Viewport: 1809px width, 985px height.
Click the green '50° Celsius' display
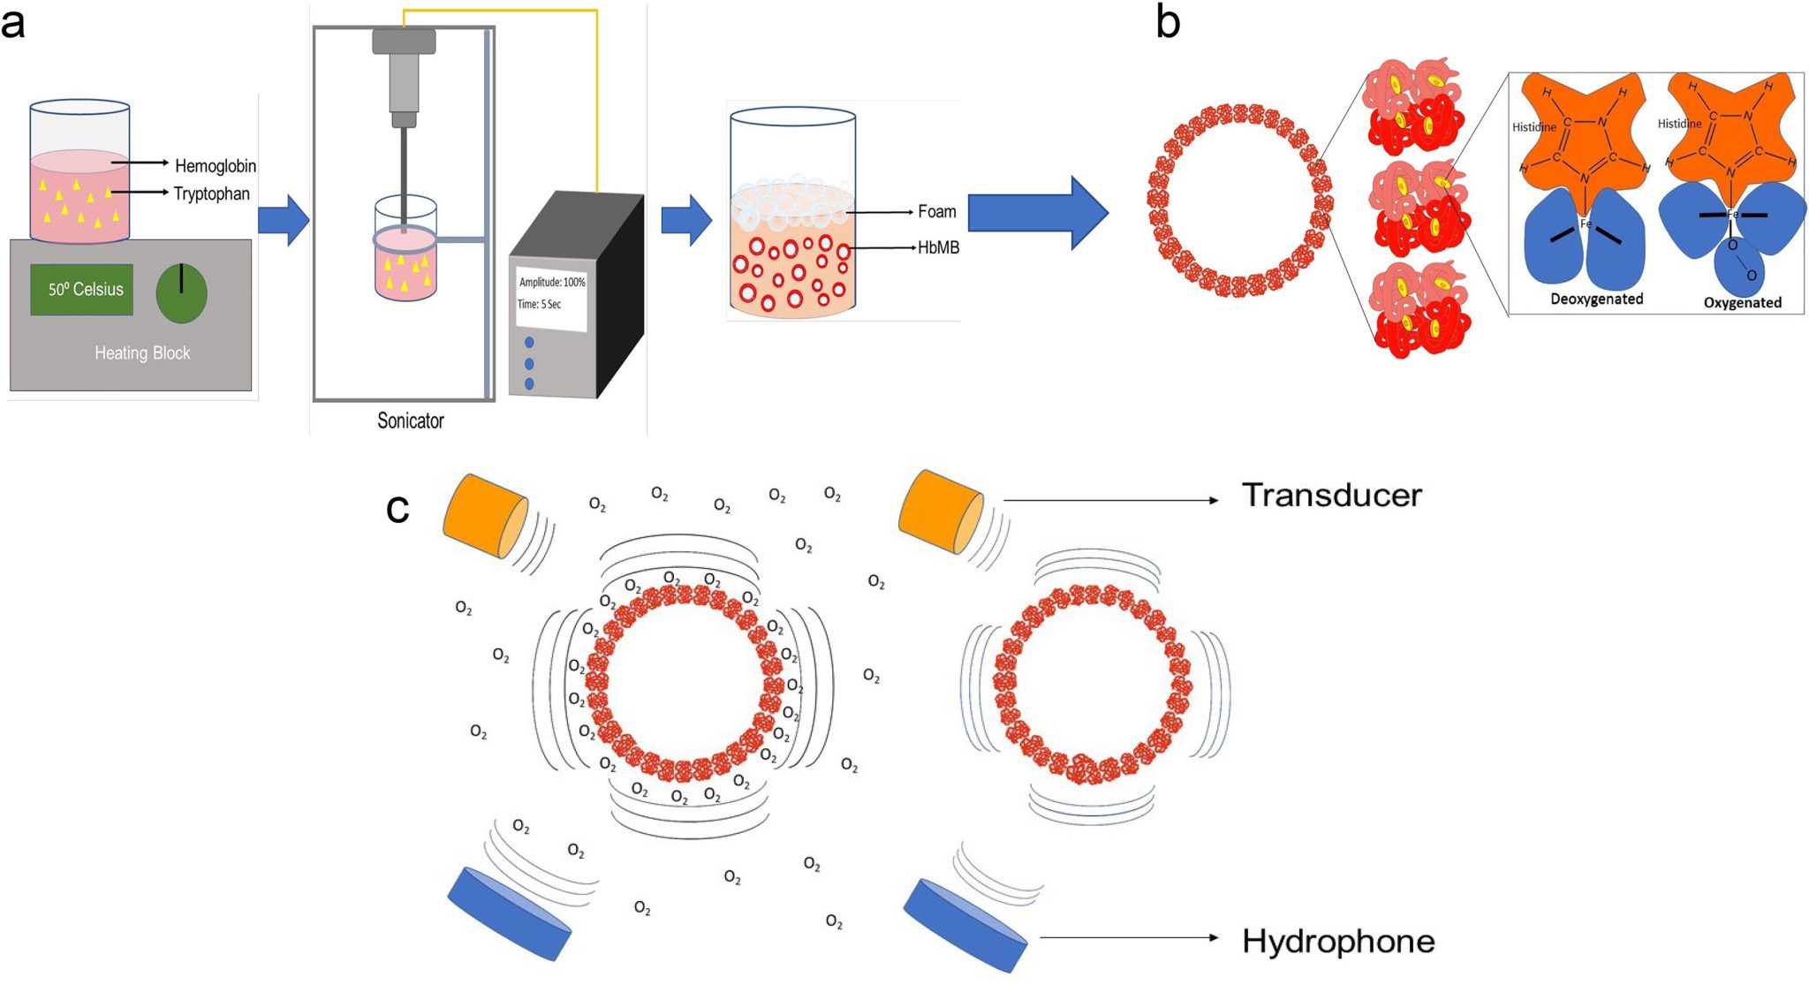(x=82, y=290)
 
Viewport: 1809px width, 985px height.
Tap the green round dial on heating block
(x=181, y=293)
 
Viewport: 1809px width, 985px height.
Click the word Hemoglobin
(x=215, y=165)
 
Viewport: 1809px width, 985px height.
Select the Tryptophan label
(x=211, y=193)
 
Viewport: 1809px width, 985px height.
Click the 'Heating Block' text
(x=142, y=353)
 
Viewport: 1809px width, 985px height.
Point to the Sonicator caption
(x=410, y=421)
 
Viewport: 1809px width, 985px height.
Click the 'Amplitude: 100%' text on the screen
(x=552, y=282)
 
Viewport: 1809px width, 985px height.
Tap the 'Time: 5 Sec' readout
(x=539, y=304)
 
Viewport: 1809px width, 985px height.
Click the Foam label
(x=936, y=211)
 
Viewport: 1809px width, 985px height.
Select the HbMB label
(x=938, y=247)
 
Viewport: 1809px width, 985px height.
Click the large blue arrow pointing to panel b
(x=1037, y=213)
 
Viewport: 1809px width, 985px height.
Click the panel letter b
(x=1168, y=23)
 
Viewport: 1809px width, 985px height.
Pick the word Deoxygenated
(x=1596, y=299)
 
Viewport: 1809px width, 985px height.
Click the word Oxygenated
(x=1742, y=302)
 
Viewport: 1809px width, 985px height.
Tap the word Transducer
(x=1331, y=496)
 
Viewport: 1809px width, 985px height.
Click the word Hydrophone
(x=1337, y=942)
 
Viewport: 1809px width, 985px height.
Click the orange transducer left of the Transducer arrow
(x=940, y=512)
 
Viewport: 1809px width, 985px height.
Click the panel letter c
(x=397, y=508)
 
